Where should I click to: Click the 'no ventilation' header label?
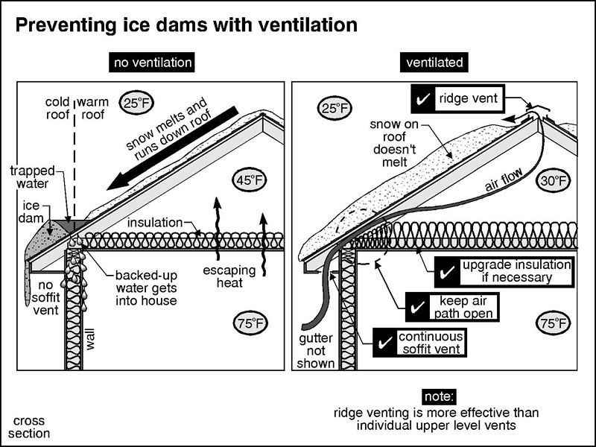coord(152,63)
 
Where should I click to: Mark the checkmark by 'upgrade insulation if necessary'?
coord(447,272)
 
